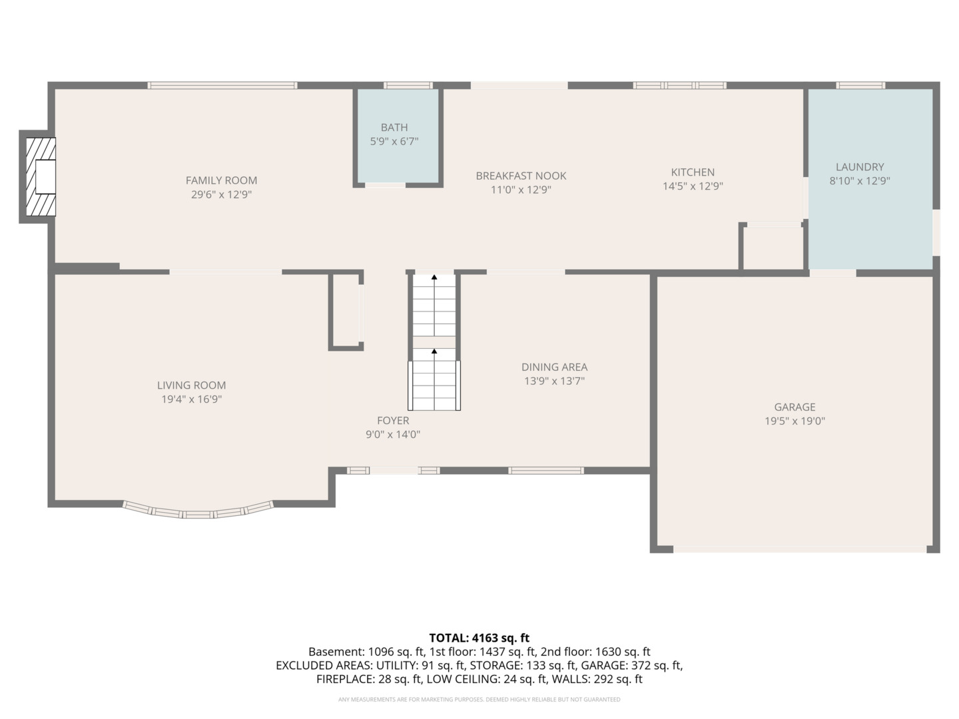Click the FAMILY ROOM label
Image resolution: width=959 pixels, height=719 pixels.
221,180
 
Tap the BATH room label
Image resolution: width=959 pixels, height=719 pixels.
394,127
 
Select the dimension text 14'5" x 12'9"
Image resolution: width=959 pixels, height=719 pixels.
693,186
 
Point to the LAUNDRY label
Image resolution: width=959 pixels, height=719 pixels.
860,167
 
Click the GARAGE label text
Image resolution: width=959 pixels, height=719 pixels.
795,407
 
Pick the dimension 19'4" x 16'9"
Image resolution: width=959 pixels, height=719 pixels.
191,399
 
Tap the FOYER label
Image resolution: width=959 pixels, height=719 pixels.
393,421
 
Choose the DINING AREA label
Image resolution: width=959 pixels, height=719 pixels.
554,367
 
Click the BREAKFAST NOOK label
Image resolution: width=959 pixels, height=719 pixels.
521,176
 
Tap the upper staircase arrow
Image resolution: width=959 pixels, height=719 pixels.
434,277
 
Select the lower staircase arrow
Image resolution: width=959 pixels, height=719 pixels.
434,351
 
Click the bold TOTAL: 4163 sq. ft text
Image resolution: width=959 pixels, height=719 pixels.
479,638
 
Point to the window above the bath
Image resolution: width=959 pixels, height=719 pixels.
408,85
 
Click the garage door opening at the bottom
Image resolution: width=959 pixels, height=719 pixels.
799,549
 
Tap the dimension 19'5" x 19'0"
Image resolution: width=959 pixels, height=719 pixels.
795,421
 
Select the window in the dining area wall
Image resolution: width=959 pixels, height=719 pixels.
546,471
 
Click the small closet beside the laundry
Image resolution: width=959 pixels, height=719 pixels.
773,248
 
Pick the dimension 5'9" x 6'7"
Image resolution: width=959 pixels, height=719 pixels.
394,141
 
